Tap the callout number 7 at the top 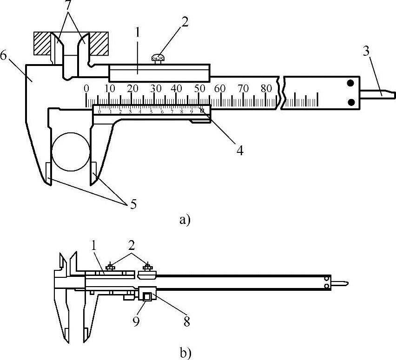69,7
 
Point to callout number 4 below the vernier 239,150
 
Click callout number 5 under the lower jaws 133,204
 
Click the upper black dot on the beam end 351,83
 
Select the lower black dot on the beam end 351,102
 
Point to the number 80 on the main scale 266,88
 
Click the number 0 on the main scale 86,88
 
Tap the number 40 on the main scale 176,88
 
